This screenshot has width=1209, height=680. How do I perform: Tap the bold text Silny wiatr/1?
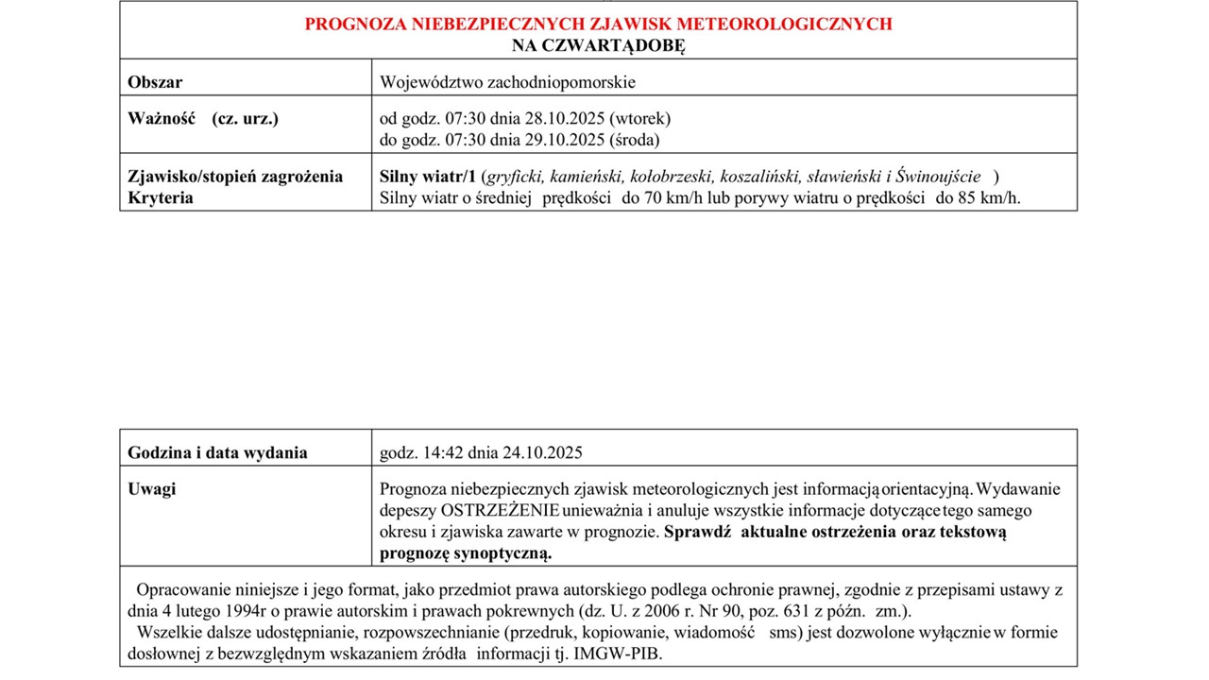427,177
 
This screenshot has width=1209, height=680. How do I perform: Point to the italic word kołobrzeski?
672,177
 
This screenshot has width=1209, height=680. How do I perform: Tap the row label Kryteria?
161,198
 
